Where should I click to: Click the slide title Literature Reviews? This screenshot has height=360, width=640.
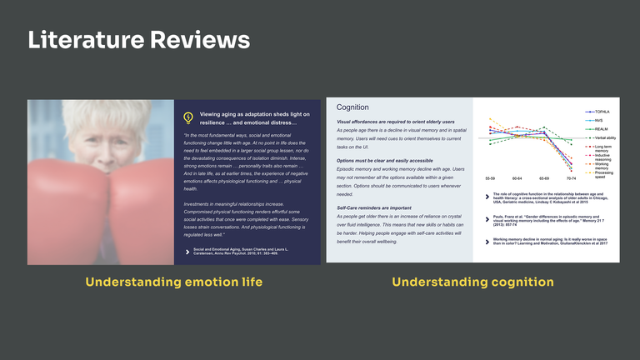pyautogui.click(x=138, y=39)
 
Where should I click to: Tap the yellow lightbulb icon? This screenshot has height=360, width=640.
pyautogui.click(x=187, y=117)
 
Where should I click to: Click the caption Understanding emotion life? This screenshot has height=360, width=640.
pyautogui.click(x=173, y=282)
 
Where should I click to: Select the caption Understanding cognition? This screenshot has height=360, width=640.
pyautogui.click(x=472, y=282)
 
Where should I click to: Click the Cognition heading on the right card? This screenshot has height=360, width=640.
pyautogui.click(x=353, y=107)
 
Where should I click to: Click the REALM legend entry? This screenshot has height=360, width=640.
pyautogui.click(x=600, y=129)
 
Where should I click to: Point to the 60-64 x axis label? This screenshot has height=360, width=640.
pyautogui.click(x=517, y=178)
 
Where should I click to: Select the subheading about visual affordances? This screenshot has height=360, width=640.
pyautogui.click(x=395, y=122)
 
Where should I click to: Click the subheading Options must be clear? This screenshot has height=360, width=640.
pyautogui.click(x=384, y=160)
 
